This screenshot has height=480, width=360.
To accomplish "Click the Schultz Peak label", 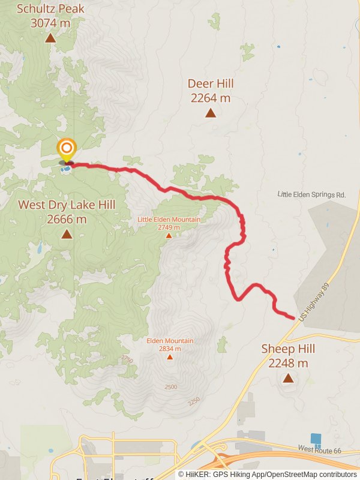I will click(50, 16).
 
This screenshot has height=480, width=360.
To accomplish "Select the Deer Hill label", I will click(211, 91).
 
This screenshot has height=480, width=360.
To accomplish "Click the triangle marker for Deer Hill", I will click(211, 113).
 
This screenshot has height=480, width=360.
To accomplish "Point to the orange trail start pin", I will click(66, 149).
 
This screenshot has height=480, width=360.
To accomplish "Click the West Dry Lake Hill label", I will click(66, 212).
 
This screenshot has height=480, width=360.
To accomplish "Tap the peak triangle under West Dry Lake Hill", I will click(66, 235).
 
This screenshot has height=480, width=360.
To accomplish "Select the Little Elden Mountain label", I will click(169, 223).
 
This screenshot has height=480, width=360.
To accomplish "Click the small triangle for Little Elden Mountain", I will click(169, 236).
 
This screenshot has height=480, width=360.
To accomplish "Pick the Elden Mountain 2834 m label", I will click(170, 344).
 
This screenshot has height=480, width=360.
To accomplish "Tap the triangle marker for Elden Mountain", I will click(170, 357).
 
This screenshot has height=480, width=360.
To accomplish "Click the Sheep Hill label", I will click(289, 356).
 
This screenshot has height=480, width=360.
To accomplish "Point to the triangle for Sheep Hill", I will click(289, 378).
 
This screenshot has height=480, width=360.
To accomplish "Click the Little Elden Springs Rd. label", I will click(312, 195).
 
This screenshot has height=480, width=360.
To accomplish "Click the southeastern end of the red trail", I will click(293, 317).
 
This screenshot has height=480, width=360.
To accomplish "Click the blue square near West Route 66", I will click(316, 439).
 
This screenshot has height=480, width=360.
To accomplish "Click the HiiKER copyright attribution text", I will click(267, 475).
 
